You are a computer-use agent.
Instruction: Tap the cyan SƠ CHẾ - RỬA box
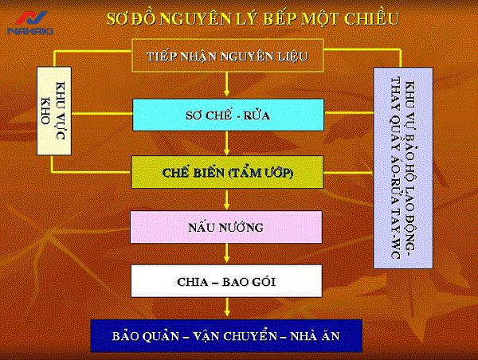[x=228, y=115]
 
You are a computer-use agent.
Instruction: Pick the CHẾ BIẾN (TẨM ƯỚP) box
[x=228, y=170]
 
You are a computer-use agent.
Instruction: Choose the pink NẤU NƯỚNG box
[x=228, y=227]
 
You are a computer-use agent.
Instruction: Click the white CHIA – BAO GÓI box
[x=228, y=280]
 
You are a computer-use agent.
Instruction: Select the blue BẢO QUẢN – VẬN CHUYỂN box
[x=227, y=335]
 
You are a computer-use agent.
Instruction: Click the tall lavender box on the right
[x=403, y=167]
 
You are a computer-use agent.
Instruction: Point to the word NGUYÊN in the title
[x=188, y=18]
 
